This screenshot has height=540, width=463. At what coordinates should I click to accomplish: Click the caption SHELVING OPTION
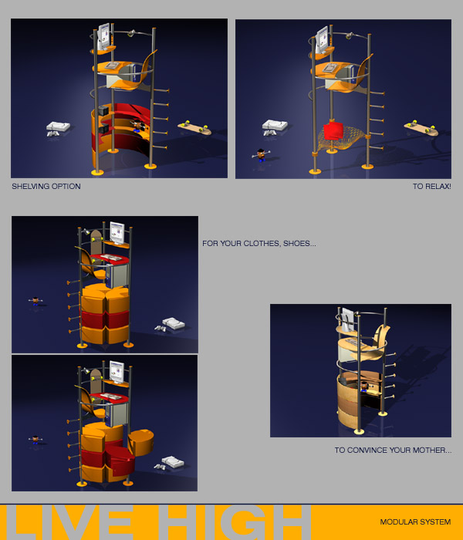pyautogui.click(x=46, y=187)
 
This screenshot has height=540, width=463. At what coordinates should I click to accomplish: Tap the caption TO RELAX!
pyautogui.click(x=431, y=187)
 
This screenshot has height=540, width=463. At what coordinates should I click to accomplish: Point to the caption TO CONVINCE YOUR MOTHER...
pyautogui.click(x=389, y=450)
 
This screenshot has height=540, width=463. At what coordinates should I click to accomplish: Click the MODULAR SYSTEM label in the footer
pyautogui.click(x=415, y=522)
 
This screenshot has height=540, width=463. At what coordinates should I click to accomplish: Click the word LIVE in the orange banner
pyautogui.click(x=71, y=522)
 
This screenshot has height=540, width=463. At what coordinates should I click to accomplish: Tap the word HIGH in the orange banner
pyautogui.click(x=235, y=522)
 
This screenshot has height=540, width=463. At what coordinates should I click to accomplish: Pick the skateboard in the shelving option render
pyautogui.click(x=194, y=128)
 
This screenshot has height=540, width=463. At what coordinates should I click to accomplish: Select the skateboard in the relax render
pyautogui.click(x=421, y=128)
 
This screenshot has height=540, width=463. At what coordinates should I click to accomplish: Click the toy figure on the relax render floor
pyautogui.click(x=261, y=154)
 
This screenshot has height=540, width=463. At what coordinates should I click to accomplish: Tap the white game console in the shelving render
pyautogui.click(x=58, y=128)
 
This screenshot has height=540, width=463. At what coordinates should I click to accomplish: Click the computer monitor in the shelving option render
pyautogui.click(x=103, y=37)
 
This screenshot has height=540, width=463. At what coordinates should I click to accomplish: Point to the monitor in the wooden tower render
pyautogui.click(x=347, y=320)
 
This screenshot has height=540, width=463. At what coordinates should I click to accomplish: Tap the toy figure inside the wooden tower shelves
pyautogui.click(x=364, y=386)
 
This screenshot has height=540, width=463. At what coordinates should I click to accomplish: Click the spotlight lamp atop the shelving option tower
pyautogui.click(x=131, y=33)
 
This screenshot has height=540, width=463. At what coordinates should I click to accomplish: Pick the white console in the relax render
pyautogui.click(x=275, y=127)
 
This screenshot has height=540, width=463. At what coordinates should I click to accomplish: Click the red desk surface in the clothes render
pyautogui.click(x=110, y=258)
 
